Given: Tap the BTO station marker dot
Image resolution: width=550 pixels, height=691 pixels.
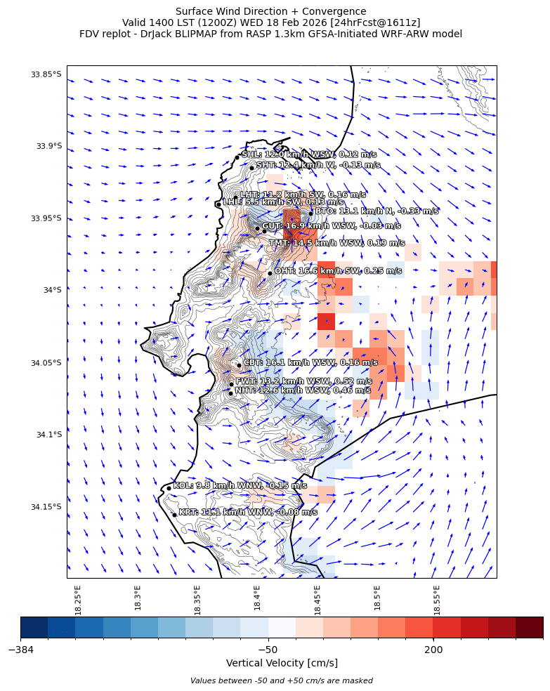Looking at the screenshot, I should pyautogui.click(x=310, y=213).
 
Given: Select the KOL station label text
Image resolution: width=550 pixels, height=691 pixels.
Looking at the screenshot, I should pyautogui.click(x=240, y=485).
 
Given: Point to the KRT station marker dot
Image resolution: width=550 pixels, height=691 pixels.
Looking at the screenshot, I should pyautogui.click(x=174, y=515).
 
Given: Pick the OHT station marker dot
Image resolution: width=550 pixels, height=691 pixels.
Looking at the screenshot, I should pyautogui.click(x=270, y=273).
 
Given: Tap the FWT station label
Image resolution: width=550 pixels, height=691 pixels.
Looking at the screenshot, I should pyautogui.click(x=303, y=381).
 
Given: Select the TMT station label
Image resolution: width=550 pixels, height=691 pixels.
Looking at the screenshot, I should pyautogui.click(x=337, y=243).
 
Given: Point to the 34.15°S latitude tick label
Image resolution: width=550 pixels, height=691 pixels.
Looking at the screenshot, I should pyautogui.click(x=44, y=506).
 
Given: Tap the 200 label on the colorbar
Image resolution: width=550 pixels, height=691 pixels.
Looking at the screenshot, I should pyautogui.click(x=433, y=650).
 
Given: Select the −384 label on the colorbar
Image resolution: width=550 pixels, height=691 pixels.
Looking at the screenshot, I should pyautogui.click(x=21, y=650).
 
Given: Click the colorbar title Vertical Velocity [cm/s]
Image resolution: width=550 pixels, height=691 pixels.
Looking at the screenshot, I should pyautogui.click(x=282, y=663).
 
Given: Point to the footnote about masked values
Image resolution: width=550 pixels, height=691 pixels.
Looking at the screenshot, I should pyautogui.click(x=282, y=680).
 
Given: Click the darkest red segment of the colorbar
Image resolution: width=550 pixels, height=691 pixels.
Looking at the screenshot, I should pyautogui.click(x=529, y=627).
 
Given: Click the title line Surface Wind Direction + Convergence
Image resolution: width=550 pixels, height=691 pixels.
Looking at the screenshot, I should pyautogui.click(x=270, y=11).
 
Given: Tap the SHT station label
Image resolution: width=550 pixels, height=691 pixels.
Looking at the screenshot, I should pyautogui.click(x=318, y=165).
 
